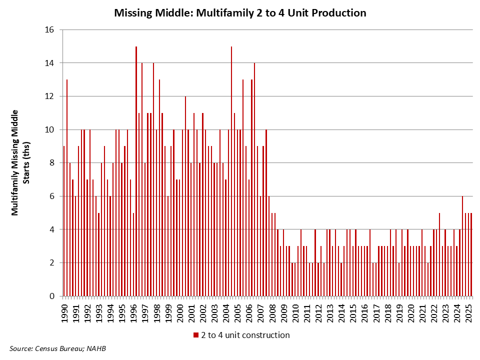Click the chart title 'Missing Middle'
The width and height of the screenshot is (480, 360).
(x=240, y=13)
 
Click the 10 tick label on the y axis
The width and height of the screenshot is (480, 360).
(x=49, y=129)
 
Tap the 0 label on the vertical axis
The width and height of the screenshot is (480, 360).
(x=52, y=296)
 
